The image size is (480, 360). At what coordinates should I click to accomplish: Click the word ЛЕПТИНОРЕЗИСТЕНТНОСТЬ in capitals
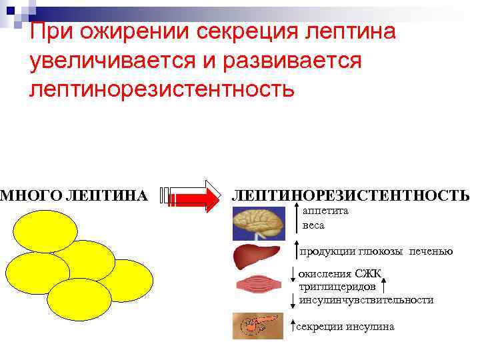(x=349, y=195)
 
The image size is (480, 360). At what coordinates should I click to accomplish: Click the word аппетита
(x=325, y=210)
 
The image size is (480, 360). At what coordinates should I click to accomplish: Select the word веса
(x=313, y=225)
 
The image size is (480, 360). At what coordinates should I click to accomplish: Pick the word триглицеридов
(x=333, y=286)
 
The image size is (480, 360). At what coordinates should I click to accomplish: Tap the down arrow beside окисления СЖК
(x=293, y=273)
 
